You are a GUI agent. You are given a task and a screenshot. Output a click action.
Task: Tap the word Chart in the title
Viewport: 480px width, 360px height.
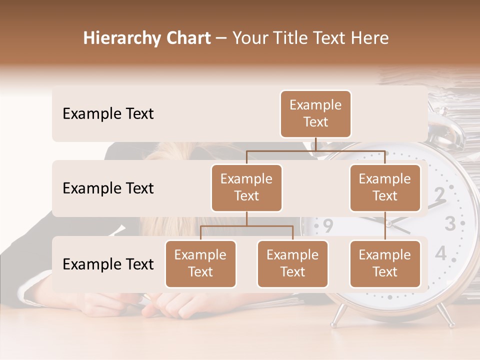(186, 38)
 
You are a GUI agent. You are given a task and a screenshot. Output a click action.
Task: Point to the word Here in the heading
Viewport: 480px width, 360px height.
(369, 38)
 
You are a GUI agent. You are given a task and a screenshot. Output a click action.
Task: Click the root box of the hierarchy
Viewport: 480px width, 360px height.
(315, 114)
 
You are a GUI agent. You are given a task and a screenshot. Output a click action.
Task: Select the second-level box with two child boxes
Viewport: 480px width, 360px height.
(246, 188)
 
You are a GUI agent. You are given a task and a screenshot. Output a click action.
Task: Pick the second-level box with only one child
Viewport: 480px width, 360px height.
(385, 188)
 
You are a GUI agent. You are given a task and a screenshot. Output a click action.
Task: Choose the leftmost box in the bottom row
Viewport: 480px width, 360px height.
(200, 264)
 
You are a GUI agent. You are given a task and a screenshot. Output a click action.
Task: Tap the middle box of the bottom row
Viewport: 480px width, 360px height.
(292, 264)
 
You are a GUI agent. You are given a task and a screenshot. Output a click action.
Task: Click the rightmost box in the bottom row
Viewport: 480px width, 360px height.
(385, 264)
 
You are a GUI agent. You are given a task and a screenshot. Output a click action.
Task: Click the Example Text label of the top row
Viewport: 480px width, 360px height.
(108, 114)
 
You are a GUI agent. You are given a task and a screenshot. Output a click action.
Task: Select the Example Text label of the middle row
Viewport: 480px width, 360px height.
(108, 188)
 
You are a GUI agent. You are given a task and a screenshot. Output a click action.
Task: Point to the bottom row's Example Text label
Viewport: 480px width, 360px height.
(108, 264)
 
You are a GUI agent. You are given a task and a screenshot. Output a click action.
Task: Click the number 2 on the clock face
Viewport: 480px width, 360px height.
(439, 194)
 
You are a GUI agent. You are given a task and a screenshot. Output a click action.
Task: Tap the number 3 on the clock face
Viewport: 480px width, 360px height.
(450, 223)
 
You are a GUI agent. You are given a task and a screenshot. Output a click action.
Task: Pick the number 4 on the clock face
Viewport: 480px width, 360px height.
(440, 253)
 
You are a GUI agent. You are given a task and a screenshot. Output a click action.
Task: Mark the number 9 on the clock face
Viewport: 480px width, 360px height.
(327, 226)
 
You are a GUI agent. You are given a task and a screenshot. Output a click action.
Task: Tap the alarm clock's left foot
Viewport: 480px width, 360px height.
(338, 314)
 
